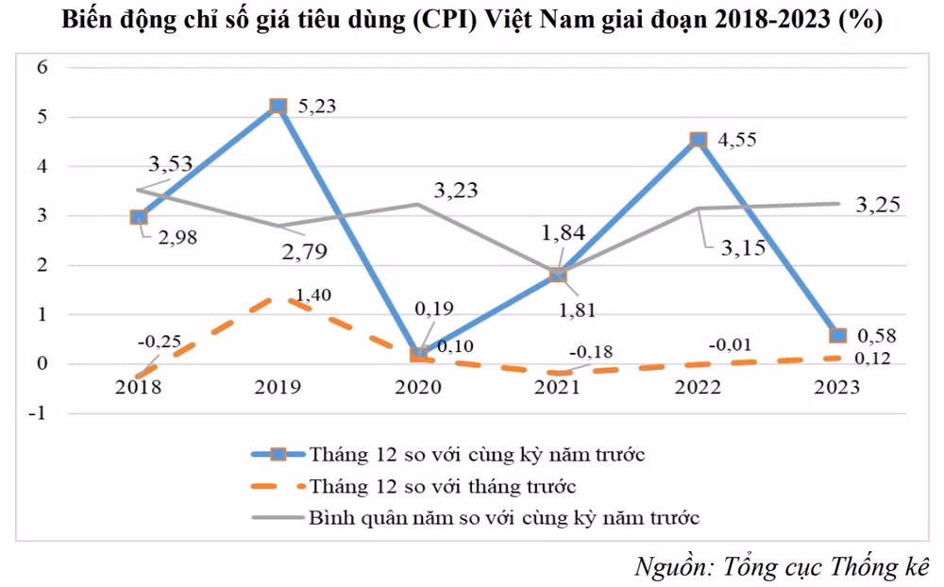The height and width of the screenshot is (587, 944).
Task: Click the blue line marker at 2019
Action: click(278, 107)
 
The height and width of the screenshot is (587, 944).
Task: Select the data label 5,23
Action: click(312, 107)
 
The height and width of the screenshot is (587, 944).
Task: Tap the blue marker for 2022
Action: click(698, 140)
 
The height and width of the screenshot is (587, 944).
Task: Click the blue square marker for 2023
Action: click(837, 335)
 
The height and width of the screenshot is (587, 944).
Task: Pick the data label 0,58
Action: click(874, 335)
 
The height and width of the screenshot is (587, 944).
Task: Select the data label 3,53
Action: click(170, 165)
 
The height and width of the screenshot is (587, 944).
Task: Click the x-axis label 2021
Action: click(557, 388)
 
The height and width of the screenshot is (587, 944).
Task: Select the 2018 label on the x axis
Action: click(138, 388)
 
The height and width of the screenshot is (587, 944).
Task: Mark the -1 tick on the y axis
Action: click(40, 412)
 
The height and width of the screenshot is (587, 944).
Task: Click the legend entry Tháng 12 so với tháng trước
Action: click(443, 487)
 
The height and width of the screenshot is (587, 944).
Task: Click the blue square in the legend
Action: click(278, 454)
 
